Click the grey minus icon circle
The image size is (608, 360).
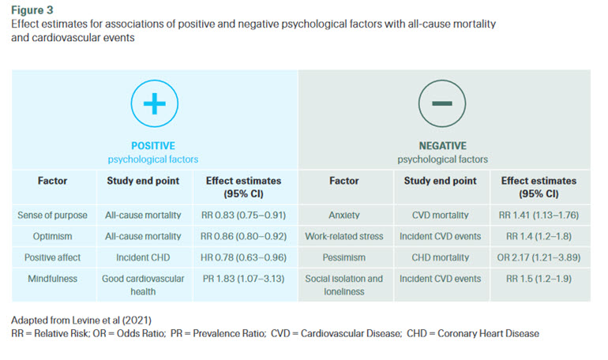tap(442, 104)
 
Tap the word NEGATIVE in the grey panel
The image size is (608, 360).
tap(442, 146)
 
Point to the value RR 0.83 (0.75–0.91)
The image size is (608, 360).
tap(245, 214)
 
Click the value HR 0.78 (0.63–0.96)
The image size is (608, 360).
tap(245, 257)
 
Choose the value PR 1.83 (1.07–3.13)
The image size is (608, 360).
tap(245, 279)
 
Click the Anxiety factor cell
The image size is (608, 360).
tap(345, 214)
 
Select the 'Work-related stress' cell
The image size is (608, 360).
tap(345, 235)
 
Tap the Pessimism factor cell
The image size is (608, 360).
tap(345, 257)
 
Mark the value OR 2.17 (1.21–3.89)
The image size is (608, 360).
tap(539, 257)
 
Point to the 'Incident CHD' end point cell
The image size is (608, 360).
tap(143, 257)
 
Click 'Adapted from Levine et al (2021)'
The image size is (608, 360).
tap(81, 321)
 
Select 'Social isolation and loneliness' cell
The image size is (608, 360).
tap(345, 284)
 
